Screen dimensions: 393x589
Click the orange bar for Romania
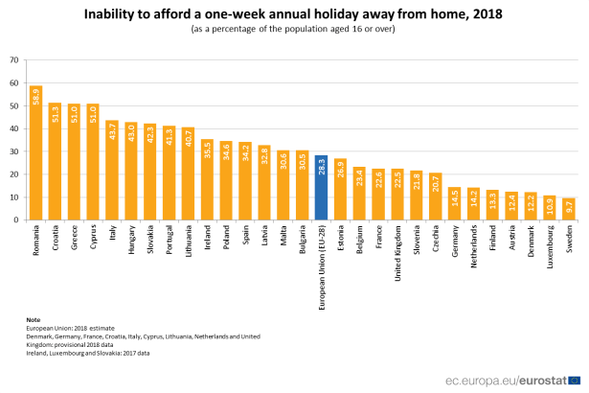[36, 153]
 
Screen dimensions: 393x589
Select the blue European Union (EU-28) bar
[321, 188]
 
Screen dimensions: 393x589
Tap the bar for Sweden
[568, 209]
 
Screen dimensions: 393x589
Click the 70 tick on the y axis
[14, 59]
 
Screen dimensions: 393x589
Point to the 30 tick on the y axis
[14, 151]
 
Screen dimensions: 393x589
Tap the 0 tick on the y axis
[16, 220]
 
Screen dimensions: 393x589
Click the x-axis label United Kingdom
[397, 251]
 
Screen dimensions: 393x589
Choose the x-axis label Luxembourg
[550, 246]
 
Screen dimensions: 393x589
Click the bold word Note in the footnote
[34, 319]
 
